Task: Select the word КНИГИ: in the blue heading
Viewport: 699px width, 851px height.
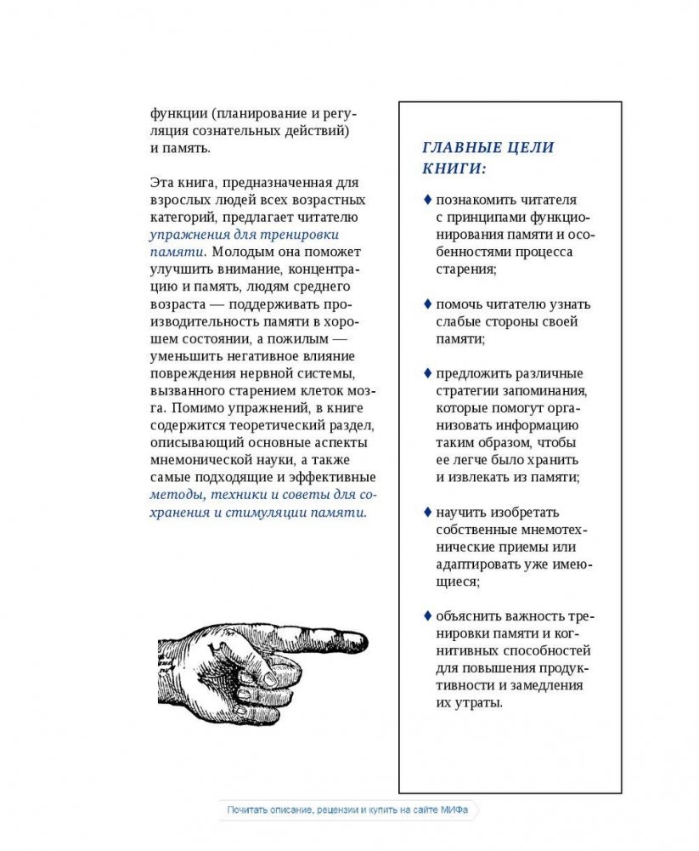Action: click(x=454, y=168)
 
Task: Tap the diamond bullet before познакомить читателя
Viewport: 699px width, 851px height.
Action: click(x=427, y=201)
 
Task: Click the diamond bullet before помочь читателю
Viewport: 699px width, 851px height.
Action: click(x=427, y=304)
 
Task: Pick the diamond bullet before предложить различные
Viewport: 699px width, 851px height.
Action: click(x=427, y=373)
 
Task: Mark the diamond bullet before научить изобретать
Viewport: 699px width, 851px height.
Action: click(x=427, y=512)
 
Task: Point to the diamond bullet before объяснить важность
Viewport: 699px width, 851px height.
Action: click(x=427, y=616)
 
